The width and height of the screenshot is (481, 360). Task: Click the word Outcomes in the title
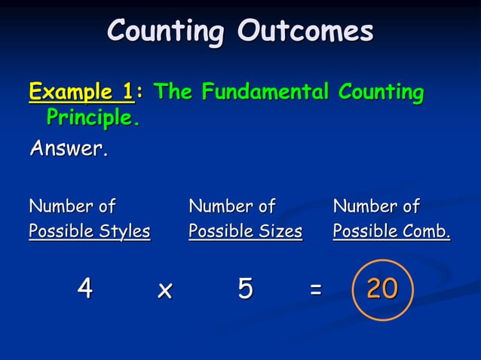(x=306, y=32)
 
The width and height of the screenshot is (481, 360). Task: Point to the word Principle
(x=93, y=117)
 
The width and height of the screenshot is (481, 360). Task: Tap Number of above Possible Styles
(x=72, y=206)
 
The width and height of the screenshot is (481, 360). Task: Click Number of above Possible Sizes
(x=231, y=206)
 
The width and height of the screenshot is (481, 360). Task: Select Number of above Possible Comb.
(x=376, y=206)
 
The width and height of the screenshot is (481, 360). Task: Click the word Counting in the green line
(x=381, y=93)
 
